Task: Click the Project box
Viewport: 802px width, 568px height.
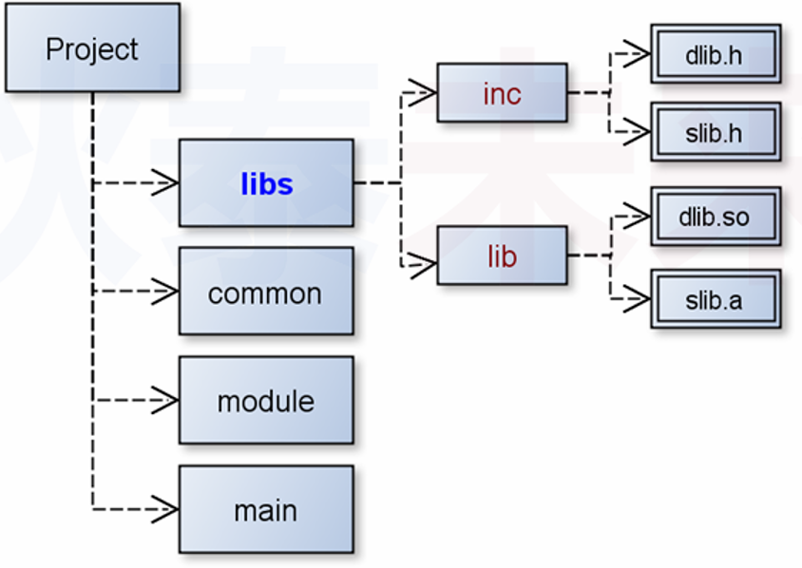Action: click(92, 47)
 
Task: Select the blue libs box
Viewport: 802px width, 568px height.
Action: click(266, 182)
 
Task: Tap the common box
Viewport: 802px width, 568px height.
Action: click(266, 292)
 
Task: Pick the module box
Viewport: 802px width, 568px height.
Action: click(266, 401)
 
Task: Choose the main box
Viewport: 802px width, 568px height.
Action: click(266, 510)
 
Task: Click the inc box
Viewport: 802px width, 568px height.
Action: click(502, 93)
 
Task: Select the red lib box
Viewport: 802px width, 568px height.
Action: click(502, 256)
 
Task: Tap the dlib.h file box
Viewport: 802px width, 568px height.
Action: click(716, 54)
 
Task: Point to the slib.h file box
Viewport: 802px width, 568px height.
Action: click(716, 132)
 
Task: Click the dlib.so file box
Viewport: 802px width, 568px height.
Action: click(716, 217)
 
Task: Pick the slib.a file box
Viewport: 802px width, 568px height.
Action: click(716, 299)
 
